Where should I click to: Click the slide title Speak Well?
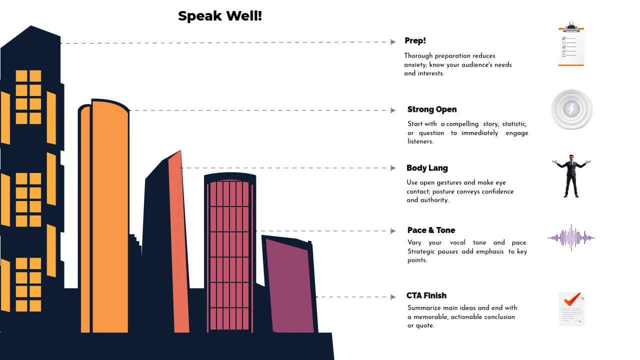coord(220,16)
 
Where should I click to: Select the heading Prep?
coord(415,40)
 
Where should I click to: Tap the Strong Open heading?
coord(432,109)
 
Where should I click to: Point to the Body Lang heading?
coord(427,168)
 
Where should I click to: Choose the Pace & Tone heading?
coord(431,230)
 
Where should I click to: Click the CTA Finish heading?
coord(426,295)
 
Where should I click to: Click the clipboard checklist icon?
coord(571,44)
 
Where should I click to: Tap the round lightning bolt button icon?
coord(571,109)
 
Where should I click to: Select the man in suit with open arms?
coord(571,175)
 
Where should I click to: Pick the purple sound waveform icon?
coord(571,237)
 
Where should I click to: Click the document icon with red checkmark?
coord(571,309)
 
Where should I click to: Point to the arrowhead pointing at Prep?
coord(393,42)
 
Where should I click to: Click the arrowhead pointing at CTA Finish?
coord(393,297)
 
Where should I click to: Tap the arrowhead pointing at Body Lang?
coord(393,168)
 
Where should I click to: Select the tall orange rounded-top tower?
coord(109,215)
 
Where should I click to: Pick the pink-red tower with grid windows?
coord(229,255)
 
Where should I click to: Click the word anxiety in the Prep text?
coord(414,64)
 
